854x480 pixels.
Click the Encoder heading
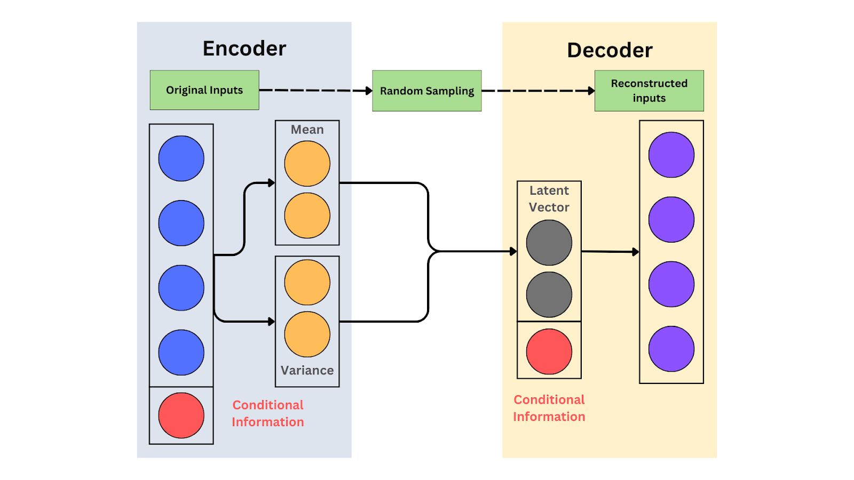(244, 49)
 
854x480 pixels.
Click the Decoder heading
(610, 50)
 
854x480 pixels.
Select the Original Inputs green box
(204, 90)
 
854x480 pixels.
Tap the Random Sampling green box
(427, 91)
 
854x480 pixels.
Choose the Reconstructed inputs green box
(649, 91)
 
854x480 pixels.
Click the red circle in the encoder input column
(181, 415)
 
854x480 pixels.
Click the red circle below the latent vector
(549, 351)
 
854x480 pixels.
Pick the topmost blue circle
(181, 158)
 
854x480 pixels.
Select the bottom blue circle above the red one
(181, 353)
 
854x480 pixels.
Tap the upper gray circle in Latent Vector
(549, 243)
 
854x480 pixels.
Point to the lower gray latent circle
(549, 294)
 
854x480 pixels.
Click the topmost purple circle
(671, 155)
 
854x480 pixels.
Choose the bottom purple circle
(671, 349)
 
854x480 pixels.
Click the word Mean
(307, 130)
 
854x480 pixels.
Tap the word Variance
(307, 370)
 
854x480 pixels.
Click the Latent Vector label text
(549, 198)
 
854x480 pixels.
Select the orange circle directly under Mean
(307, 164)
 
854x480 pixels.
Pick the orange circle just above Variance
(307, 334)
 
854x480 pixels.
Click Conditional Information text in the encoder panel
(268, 413)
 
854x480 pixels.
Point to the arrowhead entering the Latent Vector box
(513, 251)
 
